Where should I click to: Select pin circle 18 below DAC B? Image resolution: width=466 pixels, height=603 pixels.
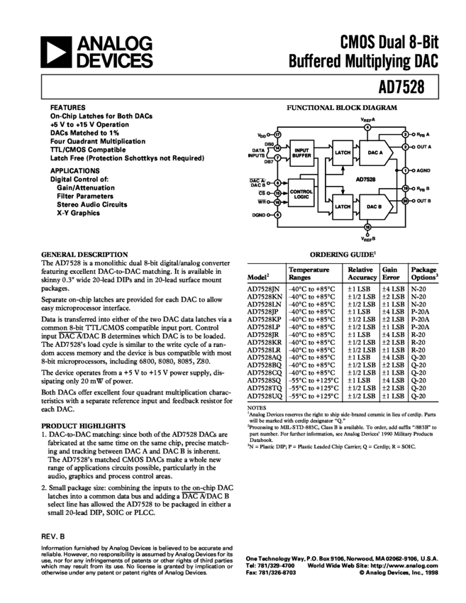[x=367, y=228]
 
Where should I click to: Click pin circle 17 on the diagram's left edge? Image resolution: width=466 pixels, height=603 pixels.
[x=277, y=133]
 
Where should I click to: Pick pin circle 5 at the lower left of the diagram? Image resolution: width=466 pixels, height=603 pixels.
[x=277, y=214]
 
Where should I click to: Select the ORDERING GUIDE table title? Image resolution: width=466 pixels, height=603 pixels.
[x=343, y=253]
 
